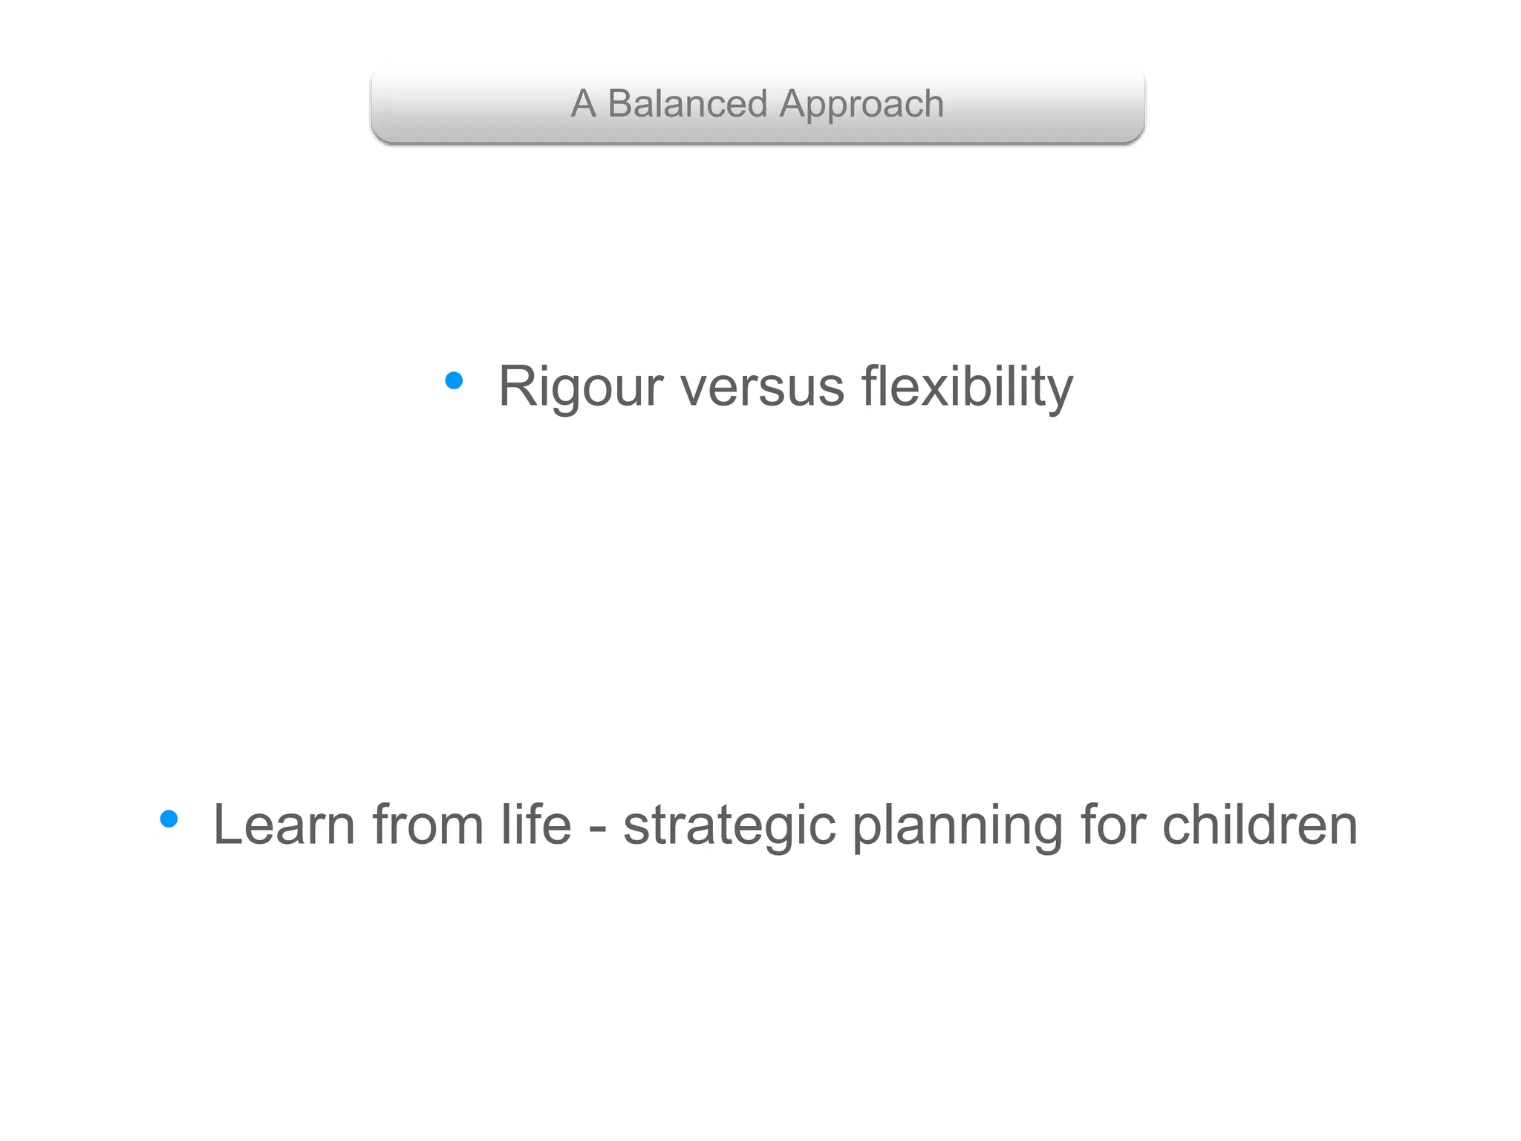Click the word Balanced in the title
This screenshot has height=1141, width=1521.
coord(687,103)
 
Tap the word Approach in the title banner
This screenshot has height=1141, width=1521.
coord(862,105)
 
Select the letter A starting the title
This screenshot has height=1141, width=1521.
coord(583,103)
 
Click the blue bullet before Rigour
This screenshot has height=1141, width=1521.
coord(454,381)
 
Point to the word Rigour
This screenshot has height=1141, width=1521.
coord(580,387)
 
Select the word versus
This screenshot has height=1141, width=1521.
coord(762,387)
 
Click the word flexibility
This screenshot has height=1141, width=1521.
coord(967,387)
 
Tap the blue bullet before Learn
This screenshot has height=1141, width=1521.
coord(169,819)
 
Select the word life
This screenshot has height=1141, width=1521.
coord(535,825)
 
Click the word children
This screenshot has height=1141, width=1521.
coord(1260,825)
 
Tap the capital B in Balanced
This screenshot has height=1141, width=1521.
coord(621,103)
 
